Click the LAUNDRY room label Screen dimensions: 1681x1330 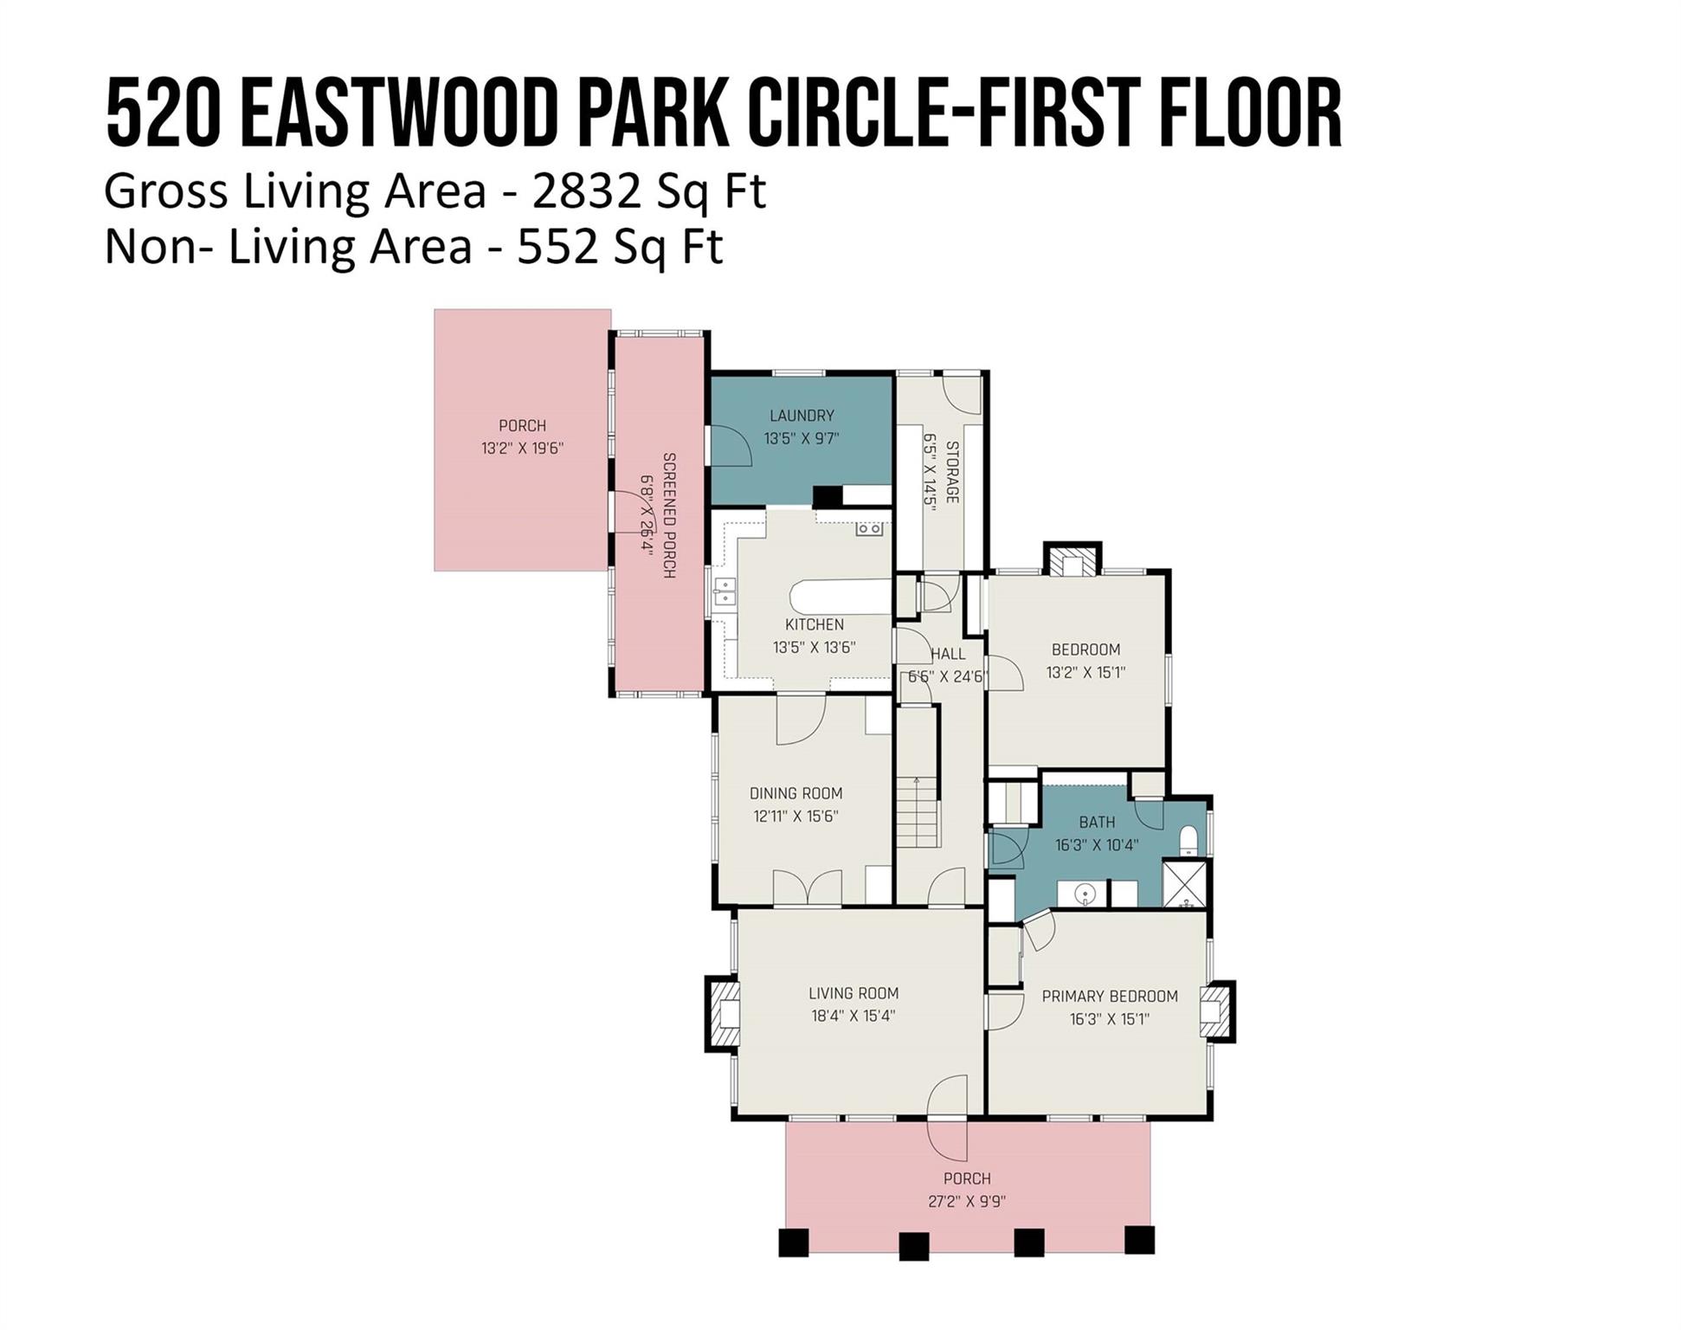coord(802,416)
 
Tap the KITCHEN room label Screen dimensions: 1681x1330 coord(815,624)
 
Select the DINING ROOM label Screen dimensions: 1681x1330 coord(795,793)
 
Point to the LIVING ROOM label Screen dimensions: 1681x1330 coord(853,993)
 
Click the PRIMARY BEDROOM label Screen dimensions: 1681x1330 coord(1110,997)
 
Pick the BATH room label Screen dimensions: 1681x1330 coord(1097,822)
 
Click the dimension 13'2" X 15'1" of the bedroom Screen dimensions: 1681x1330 coord(1085,672)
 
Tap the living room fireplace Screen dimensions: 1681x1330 coord(722,1013)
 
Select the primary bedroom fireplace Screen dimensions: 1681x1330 coord(1217,1010)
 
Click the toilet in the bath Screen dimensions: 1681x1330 coord(1188,840)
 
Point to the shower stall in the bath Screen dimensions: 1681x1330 coord(1183,883)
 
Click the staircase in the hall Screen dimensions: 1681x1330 coord(917,812)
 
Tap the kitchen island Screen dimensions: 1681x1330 coord(839,597)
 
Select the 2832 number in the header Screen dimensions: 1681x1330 coord(587,192)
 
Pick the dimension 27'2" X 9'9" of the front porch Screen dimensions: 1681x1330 coord(967,1201)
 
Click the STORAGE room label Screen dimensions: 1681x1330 coord(952,472)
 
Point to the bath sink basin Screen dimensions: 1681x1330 coord(1085,892)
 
